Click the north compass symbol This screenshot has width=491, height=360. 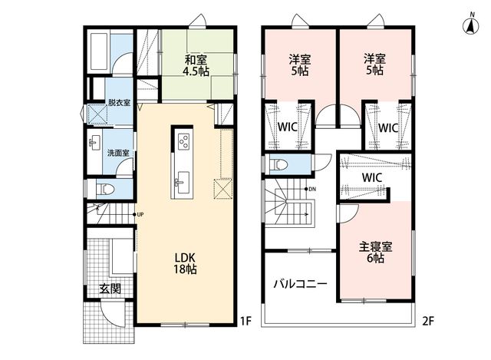pos(471,25)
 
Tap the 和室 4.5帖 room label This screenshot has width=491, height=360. pos(196,65)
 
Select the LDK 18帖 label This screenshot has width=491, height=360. pos(186,263)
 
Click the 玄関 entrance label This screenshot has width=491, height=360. pos(110,289)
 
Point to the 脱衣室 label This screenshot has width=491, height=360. pos(120,102)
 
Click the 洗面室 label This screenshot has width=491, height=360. pos(118,153)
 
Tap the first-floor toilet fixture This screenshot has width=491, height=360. pos(105,189)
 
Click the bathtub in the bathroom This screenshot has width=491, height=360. pos(99,51)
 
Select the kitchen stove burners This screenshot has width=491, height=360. pos(183,141)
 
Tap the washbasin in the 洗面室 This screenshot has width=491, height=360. pos(94,143)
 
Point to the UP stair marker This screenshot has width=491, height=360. pos(138,215)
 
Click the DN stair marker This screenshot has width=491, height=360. pos(310,189)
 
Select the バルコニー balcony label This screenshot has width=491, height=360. pos(300,284)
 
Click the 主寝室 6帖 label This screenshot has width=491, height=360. pos(375,253)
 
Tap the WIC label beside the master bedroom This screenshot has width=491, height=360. pos(372,177)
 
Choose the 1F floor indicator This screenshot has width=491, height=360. pos(246,321)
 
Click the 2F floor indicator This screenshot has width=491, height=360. pos(429,321)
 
